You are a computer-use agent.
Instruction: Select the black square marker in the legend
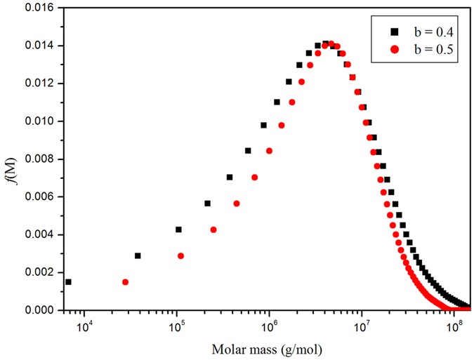[x=395, y=32]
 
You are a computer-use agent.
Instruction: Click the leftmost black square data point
[x=68, y=282]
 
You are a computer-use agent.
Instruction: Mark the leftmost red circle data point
[x=125, y=282]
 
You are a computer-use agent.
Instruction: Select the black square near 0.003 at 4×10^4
[x=138, y=256]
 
